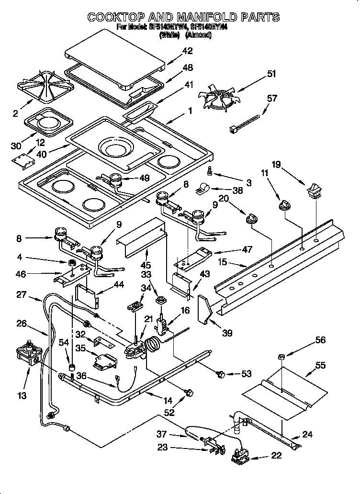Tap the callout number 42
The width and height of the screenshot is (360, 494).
tap(188, 51)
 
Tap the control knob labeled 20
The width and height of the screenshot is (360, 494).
tap(249, 220)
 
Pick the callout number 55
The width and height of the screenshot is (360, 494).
tap(320, 365)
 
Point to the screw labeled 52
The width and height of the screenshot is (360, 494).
tap(189, 393)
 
